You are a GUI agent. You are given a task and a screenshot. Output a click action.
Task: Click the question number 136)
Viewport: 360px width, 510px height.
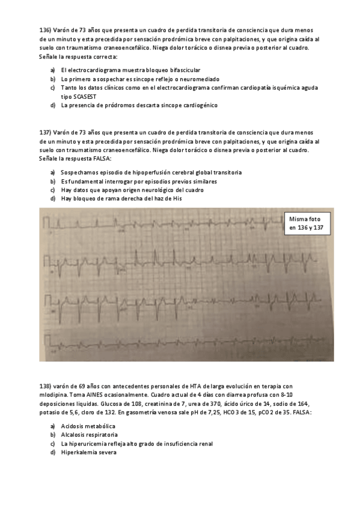point(45,29)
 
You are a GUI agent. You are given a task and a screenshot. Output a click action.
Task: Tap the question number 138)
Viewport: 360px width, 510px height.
point(45,386)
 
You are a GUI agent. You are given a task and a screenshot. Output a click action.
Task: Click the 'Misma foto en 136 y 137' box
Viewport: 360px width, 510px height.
point(308,224)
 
